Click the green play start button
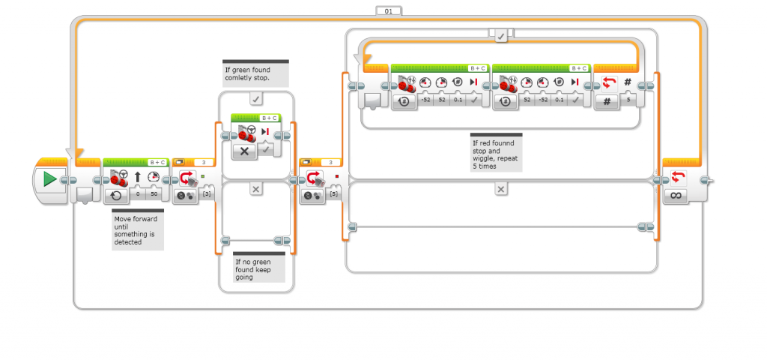49,179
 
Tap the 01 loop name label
389,10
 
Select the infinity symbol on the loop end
676,196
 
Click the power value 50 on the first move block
154,194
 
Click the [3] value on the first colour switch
207,194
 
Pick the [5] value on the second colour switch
333,194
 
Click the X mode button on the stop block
245,151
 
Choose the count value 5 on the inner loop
628,100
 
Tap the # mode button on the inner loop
607,101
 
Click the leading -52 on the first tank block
425,100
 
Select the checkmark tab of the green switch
256,100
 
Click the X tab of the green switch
256,189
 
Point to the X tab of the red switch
501,189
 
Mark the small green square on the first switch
202,176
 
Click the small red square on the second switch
337,176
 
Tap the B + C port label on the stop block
270,118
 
